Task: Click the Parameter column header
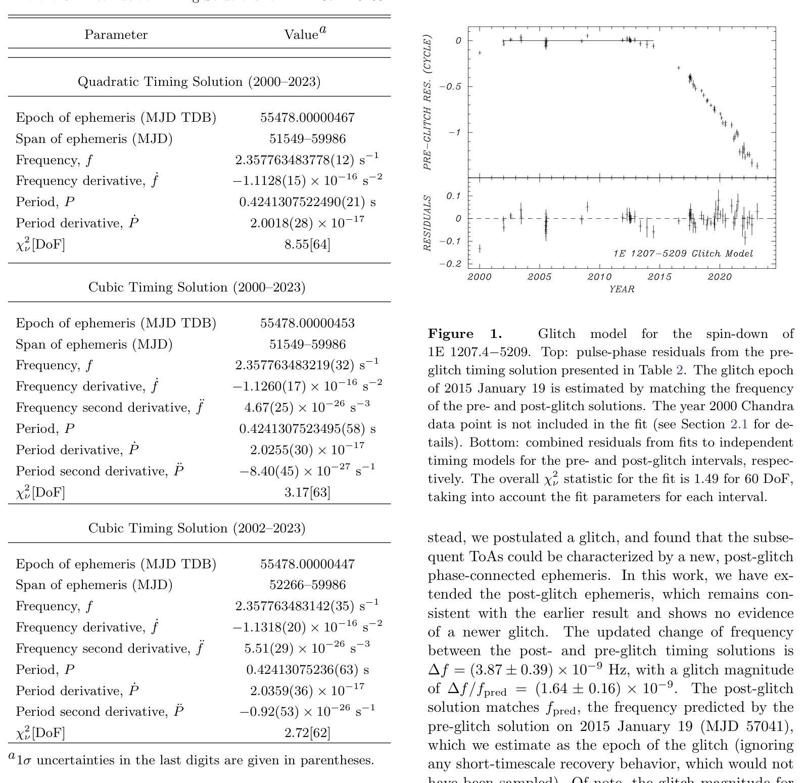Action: [116, 35]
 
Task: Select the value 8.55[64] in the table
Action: [307, 244]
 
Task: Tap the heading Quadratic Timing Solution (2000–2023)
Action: [199, 82]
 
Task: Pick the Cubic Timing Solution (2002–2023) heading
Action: [197, 528]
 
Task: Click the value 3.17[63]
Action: [307, 492]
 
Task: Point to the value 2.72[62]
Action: [307, 732]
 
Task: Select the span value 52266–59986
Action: [307, 585]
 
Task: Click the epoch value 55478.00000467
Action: [307, 118]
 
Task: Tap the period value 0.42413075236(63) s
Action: [307, 670]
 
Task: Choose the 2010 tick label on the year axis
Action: [600, 277]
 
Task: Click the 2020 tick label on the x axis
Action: [720, 277]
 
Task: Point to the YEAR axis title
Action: [622, 289]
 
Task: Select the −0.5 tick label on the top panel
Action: [449, 87]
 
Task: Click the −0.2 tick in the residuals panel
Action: [449, 264]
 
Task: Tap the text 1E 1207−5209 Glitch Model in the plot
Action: [683, 254]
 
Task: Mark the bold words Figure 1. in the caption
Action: [465, 334]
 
